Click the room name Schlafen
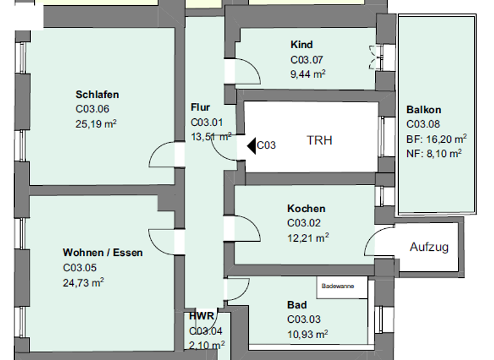pos(97,94)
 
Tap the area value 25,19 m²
pos(96,123)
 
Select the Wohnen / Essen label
pos(102,252)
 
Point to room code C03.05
pos(80,267)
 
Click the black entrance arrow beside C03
pos(251,145)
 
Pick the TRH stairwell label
pos(319,140)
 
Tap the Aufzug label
pos(429,247)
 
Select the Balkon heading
pos(424,110)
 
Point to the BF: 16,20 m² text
pos(436,138)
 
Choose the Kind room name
pos(302,44)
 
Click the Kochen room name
pos(306,208)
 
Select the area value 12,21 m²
pos(308,237)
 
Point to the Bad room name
pos(297,305)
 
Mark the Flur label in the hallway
pos(200,107)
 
